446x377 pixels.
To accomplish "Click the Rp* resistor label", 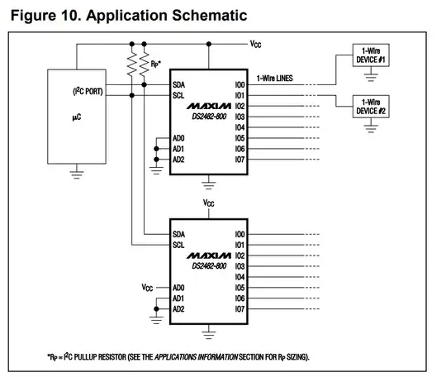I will click(x=154, y=63).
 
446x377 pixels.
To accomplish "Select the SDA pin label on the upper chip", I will click(x=179, y=84).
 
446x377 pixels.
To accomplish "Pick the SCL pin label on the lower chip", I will click(x=179, y=245).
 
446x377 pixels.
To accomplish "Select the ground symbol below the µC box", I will click(x=76, y=174).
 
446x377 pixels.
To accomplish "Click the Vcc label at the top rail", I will click(x=257, y=42).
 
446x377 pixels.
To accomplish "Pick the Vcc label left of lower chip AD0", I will click(x=147, y=288).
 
